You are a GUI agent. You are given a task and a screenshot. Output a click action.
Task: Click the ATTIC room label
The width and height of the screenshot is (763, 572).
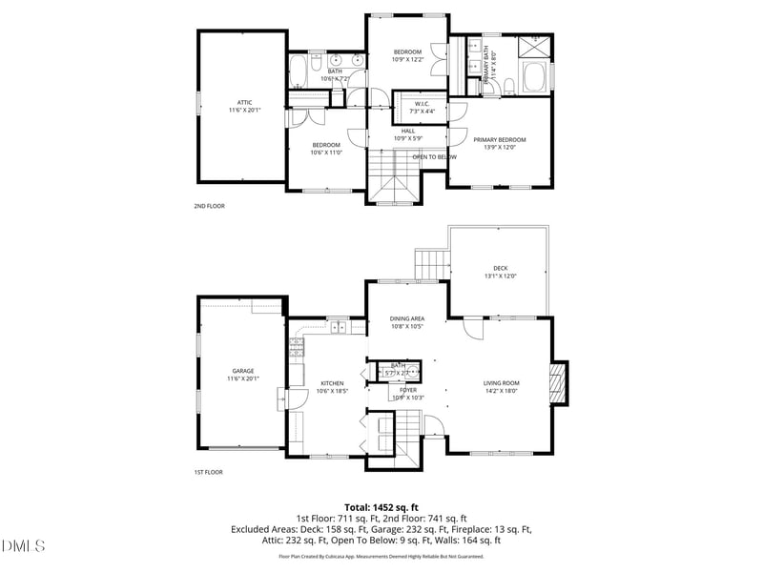pyautogui.click(x=244, y=106)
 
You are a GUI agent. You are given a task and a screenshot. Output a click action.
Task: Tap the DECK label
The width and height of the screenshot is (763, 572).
pyautogui.click(x=500, y=272)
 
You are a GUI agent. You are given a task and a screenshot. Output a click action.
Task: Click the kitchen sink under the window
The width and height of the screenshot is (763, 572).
pyautogui.click(x=338, y=328)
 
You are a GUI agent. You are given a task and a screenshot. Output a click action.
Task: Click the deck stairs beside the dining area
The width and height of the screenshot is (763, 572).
pyautogui.click(x=431, y=261)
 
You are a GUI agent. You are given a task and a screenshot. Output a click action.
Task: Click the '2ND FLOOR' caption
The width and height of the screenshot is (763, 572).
pyautogui.click(x=209, y=205)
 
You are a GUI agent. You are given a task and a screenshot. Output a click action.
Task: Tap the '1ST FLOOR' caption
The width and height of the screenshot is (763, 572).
pyautogui.click(x=209, y=471)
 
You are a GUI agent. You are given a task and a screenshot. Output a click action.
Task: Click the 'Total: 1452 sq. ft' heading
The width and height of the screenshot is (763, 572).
pyautogui.click(x=381, y=507)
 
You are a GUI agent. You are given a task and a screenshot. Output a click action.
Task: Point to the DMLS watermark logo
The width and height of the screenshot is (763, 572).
pyautogui.click(x=24, y=546)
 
